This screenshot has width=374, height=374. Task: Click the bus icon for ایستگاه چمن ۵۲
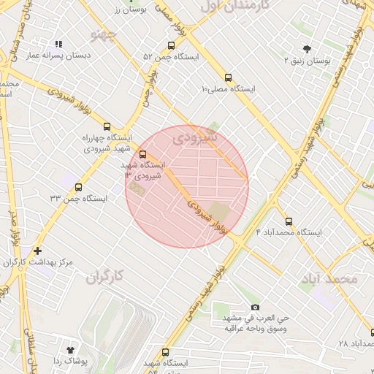(171, 45)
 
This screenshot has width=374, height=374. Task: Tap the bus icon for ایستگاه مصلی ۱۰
(229, 77)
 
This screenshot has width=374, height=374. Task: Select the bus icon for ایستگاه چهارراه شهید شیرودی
(108, 126)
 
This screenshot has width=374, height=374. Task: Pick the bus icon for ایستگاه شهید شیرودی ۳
(142, 154)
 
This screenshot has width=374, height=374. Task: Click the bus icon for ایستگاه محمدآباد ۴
(289, 221)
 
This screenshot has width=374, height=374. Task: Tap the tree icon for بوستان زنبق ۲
(305, 49)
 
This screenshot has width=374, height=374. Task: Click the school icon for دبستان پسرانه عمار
(59, 44)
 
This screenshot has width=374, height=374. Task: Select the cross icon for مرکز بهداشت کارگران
(37, 251)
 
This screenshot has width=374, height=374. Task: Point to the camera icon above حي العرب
(254, 307)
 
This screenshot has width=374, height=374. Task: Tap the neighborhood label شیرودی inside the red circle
(198, 137)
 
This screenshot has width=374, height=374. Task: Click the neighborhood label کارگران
(106, 277)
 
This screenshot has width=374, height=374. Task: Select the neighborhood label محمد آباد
(329, 278)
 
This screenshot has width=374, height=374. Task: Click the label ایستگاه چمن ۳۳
(78, 198)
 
